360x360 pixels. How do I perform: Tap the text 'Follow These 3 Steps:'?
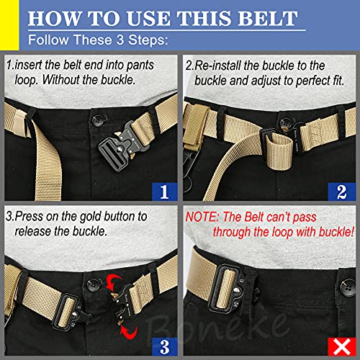pos(98,40)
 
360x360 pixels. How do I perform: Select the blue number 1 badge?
pos(164,192)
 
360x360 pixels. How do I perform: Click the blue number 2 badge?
pos(342,192)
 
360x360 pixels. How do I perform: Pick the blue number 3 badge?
pos(164,346)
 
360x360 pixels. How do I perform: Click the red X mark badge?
pos(342,347)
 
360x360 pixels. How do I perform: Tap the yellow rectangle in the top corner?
pos(9,25)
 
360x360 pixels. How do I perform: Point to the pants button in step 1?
pos(98,120)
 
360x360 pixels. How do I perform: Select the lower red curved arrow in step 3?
pos(129,333)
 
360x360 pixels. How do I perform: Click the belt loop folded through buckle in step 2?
pos(279,151)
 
